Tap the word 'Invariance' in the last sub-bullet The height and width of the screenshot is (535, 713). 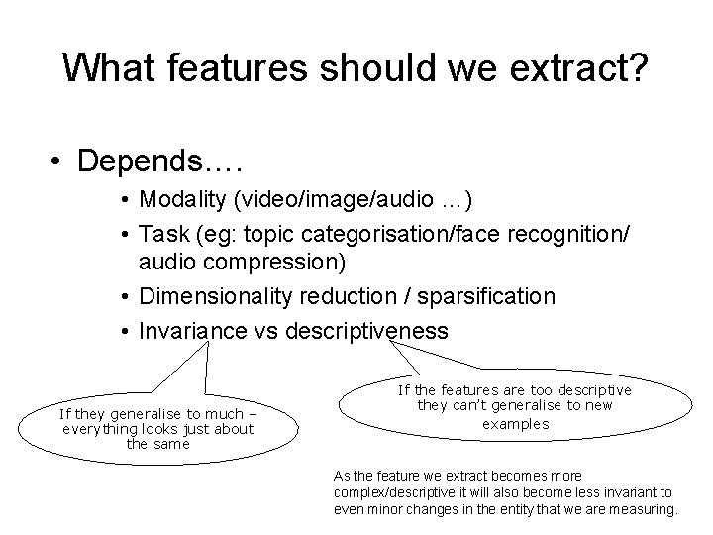[x=192, y=329]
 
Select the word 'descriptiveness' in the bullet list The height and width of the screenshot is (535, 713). [x=365, y=329]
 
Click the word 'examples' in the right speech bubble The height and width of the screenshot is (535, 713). [x=515, y=423]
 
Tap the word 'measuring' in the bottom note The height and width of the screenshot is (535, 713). [x=644, y=509]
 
